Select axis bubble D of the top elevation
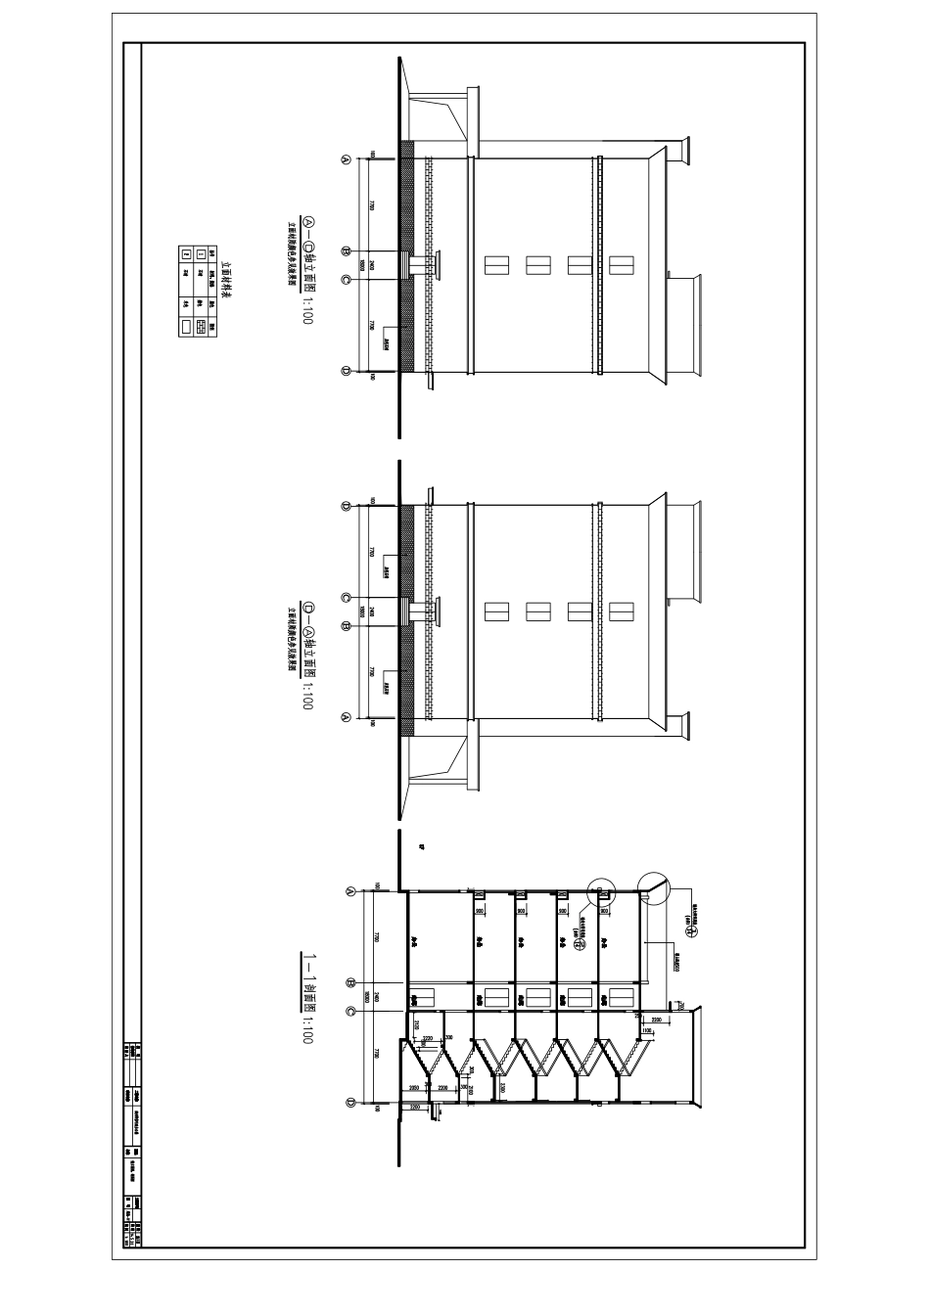345,371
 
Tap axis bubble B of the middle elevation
345,625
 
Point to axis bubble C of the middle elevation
345,598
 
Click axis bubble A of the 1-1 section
351,892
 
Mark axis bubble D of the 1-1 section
351,1104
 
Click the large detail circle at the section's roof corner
653,885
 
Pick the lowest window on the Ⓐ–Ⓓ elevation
496,265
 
